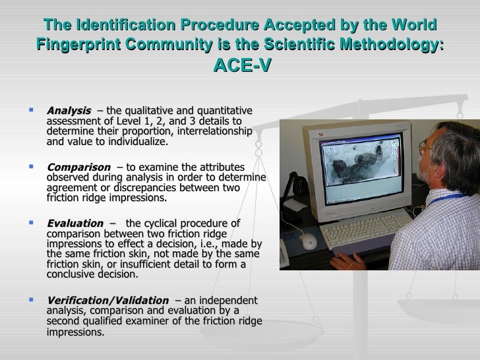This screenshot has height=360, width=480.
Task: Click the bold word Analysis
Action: (x=69, y=109)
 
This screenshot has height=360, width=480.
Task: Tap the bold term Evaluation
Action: (x=75, y=224)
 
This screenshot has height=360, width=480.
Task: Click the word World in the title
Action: (x=415, y=25)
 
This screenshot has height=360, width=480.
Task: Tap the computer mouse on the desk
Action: (x=309, y=241)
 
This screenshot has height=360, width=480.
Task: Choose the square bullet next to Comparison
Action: (x=32, y=167)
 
